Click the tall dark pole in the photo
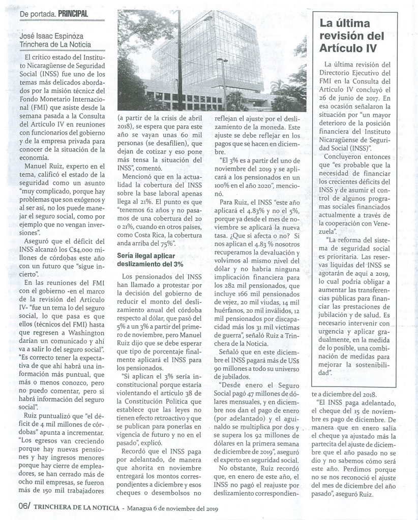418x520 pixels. (x=179, y=61)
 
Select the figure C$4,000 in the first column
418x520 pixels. (x=76, y=249)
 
